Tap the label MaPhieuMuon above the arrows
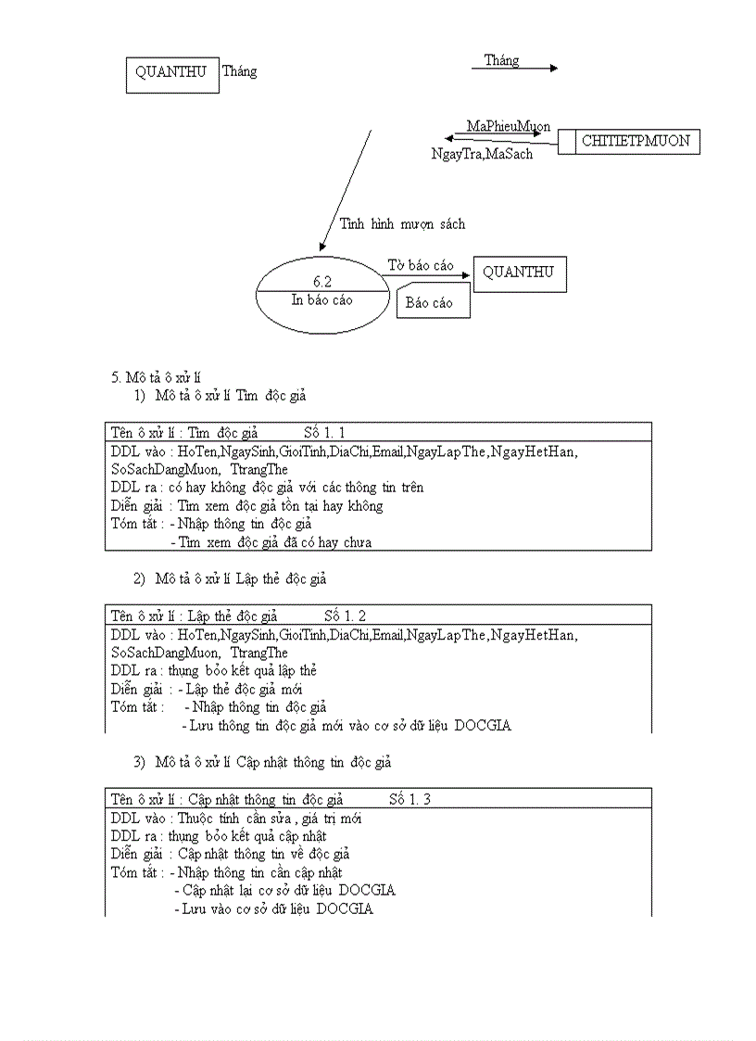click(509, 126)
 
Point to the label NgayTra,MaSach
click(482, 154)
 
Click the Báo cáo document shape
click(433, 302)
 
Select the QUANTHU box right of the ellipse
click(519, 273)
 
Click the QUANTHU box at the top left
click(171, 74)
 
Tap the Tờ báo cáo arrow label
click(421, 265)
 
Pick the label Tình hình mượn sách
click(402, 223)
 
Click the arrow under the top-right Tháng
click(521, 69)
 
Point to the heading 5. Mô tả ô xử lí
click(157, 376)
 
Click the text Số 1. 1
click(325, 432)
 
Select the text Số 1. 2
click(346, 616)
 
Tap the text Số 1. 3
click(409, 799)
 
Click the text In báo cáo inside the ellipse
click(321, 300)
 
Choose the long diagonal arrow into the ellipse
click(345, 189)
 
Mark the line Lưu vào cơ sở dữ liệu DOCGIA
click(273, 908)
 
